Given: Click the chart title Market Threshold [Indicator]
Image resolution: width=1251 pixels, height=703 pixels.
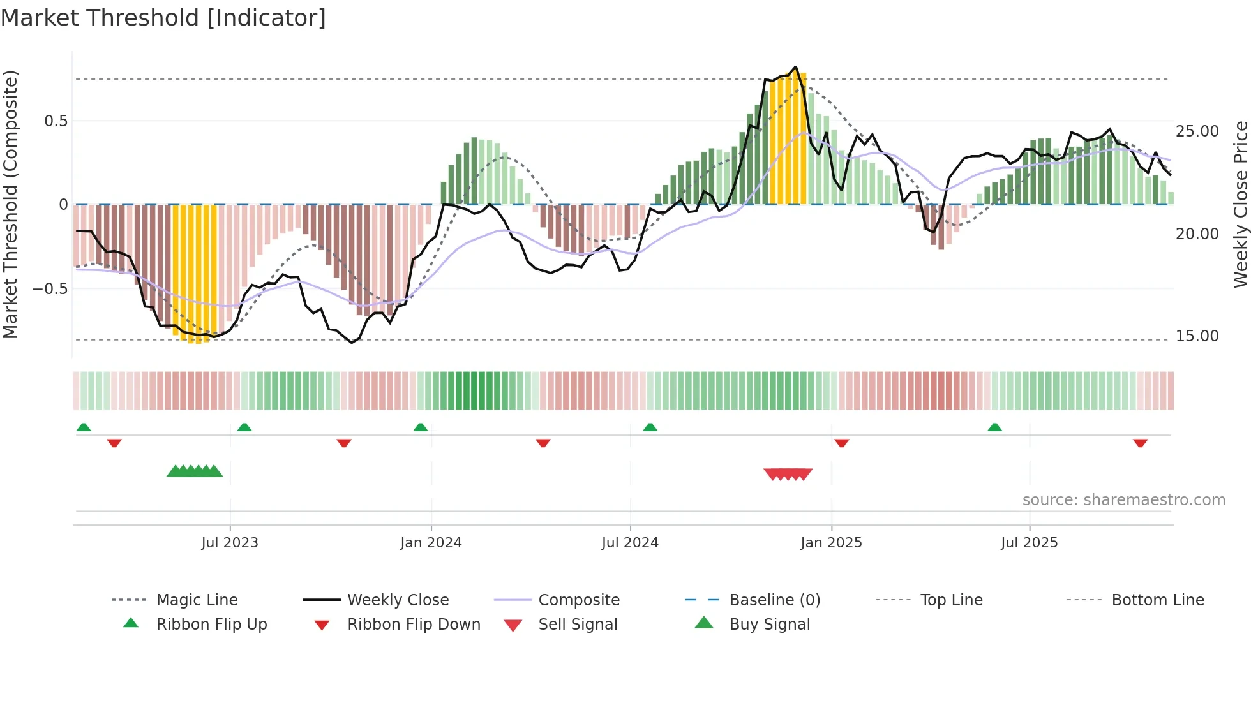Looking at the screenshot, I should tap(163, 18).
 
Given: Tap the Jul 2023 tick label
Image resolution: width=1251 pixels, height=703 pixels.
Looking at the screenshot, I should tap(230, 543).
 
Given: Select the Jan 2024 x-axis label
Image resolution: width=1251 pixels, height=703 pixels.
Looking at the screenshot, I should tap(431, 543).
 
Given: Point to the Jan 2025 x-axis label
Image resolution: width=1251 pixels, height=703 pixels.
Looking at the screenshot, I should tap(831, 543).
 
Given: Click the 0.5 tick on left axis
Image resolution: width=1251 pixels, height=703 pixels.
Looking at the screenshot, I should tap(56, 121).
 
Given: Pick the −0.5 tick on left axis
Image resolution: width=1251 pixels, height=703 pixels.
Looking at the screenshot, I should tap(50, 289).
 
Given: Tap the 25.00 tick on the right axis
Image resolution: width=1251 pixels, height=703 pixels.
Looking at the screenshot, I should tap(1197, 131).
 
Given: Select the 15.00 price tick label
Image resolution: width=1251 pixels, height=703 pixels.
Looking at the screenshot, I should tap(1197, 336).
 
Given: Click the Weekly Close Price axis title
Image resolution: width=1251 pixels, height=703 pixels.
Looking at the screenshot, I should tap(1240, 204).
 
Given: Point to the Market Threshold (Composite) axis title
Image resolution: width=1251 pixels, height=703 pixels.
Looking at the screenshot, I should tap(10, 204).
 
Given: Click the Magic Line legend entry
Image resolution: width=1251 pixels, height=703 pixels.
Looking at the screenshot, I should tap(197, 600).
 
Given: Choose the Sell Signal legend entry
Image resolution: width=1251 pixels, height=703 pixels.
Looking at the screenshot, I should tap(578, 625).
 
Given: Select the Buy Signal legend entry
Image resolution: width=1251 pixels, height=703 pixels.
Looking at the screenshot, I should tap(769, 625).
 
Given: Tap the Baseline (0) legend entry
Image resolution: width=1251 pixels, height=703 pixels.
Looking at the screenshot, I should tap(774, 600).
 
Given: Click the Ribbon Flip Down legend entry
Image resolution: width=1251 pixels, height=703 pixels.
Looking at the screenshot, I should tap(414, 625).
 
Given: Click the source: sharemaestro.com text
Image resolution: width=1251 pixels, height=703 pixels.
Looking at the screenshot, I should tap(1123, 500).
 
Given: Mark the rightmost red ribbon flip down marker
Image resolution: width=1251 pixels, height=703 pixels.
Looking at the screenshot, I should tap(1140, 443).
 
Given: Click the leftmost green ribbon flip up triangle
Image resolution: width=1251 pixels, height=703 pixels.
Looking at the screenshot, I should tap(84, 427).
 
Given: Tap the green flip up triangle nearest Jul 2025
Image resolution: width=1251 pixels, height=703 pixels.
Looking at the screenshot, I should tap(994, 427).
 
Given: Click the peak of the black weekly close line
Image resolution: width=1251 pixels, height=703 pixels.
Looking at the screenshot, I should tap(795, 66).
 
